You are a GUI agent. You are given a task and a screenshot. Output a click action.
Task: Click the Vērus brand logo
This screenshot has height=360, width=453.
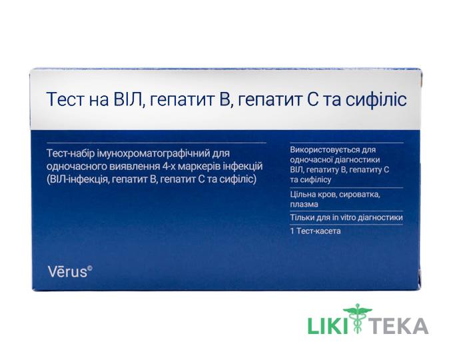coord(70,271)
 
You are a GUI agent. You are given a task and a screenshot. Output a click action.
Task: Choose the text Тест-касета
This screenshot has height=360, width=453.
coord(318,231)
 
